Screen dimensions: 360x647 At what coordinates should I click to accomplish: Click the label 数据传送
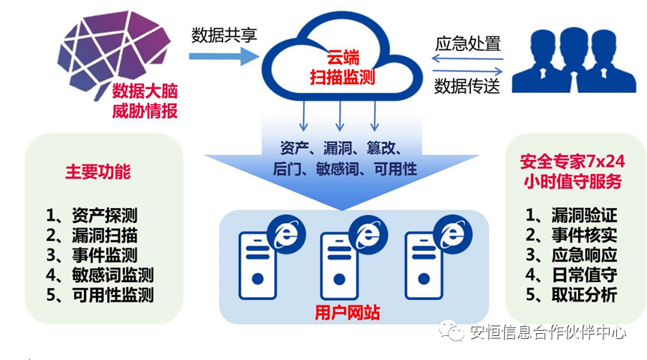tap(468, 86)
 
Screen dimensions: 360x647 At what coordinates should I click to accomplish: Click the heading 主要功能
tap(97, 171)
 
